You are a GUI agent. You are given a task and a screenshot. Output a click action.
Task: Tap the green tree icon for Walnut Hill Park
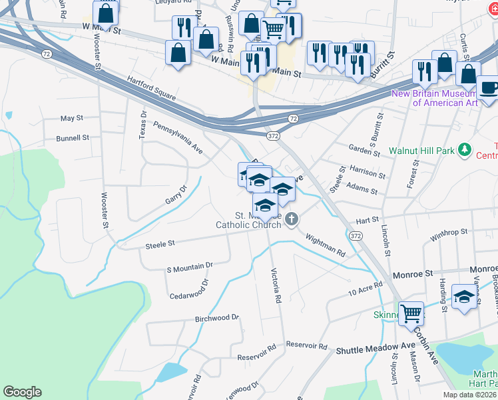pyautogui.click(x=465, y=150)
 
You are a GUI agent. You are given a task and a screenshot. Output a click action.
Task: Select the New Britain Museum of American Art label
pyautogui.click(x=444, y=98)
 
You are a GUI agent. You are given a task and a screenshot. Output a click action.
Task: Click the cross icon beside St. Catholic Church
pyautogui.click(x=291, y=219)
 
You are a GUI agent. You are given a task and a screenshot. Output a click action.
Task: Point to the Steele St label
pyautogui.click(x=160, y=245)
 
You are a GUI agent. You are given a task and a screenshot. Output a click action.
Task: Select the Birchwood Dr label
pyautogui.click(x=216, y=318)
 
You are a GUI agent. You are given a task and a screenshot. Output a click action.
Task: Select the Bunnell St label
pyautogui.click(x=73, y=138)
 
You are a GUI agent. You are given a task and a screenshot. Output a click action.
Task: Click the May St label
pyautogui.click(x=71, y=118)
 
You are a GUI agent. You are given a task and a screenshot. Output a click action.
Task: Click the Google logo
pyautogui.click(x=22, y=392)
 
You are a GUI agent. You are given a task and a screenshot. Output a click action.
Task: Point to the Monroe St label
pyautogui.click(x=415, y=273)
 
